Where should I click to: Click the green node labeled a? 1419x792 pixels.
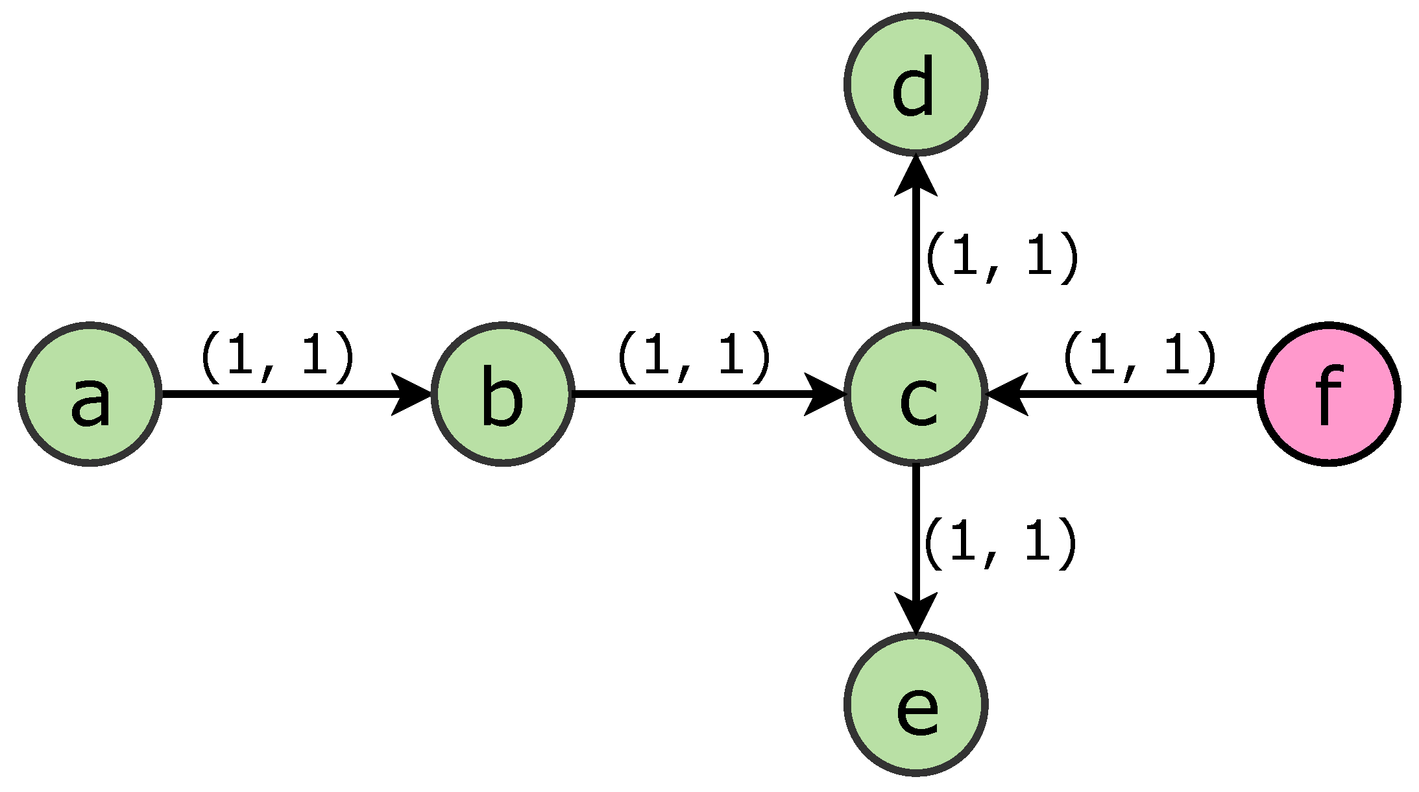click(x=90, y=394)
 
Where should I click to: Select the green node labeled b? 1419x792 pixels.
click(x=503, y=394)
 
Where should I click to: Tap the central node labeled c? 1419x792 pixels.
click(x=916, y=394)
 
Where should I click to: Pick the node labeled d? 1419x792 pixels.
click(x=916, y=84)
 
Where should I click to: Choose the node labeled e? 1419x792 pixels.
click(x=916, y=704)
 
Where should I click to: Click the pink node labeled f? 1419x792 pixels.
click(x=1329, y=394)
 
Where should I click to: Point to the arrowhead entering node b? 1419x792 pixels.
click(x=413, y=394)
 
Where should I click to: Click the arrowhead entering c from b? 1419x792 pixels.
click(x=825, y=394)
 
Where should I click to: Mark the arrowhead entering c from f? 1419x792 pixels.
click(x=1007, y=394)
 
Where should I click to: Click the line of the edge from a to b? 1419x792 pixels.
click(x=273, y=394)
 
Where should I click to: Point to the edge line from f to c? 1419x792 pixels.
click(x=1142, y=394)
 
